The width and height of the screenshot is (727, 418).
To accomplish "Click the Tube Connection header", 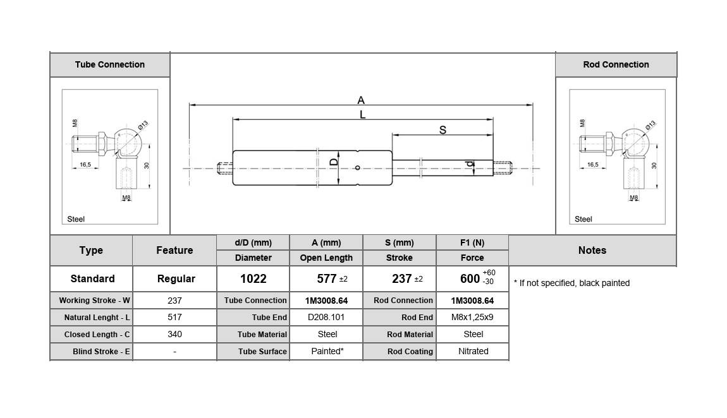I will pos(109,64).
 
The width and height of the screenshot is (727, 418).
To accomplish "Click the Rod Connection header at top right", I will pos(616,64).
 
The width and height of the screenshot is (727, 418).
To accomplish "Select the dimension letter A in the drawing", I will pos(361,100).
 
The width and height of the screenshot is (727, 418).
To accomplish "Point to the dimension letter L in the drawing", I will pos(362,114).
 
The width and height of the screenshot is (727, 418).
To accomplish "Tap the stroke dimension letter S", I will pos(443,130).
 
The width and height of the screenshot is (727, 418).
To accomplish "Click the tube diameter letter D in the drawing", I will pos(334,162).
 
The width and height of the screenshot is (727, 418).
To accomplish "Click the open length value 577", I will pos(326,278).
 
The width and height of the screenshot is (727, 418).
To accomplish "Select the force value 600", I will pos(470,278).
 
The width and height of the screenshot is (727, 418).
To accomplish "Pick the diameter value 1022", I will pos(253,278).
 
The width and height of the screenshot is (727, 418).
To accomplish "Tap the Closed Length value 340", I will pos(174,334).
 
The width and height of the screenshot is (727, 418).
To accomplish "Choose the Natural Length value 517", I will pos(174,317).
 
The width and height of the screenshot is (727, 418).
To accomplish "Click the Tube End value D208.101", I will pos(326,317).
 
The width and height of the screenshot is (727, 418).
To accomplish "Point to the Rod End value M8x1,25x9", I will pos(473,317).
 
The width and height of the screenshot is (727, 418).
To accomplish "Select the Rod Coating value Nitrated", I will pos(473,351).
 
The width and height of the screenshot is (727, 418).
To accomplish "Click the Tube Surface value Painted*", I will pos(327,351).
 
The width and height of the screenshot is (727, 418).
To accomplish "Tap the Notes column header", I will pos(592,250).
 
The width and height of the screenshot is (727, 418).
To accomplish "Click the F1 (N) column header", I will pos(472,242).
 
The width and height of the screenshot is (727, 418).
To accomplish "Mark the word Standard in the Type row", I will pos(92,278).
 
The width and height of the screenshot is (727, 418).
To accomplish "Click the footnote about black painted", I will pos(571,283).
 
